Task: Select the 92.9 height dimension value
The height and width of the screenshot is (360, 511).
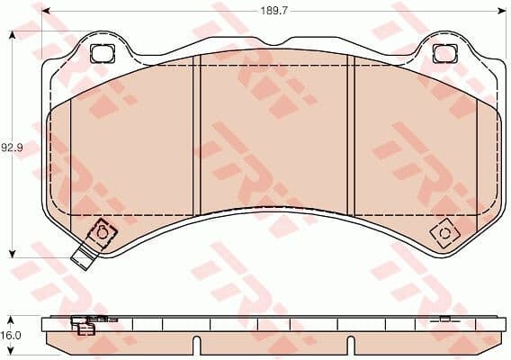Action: coord(11,147)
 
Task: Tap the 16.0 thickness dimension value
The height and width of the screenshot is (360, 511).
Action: coord(11,334)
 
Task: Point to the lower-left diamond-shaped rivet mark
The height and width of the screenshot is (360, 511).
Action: coord(102,231)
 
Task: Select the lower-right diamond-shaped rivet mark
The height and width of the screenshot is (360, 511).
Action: coord(444,234)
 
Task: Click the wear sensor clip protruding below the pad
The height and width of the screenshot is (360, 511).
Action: coord(84,255)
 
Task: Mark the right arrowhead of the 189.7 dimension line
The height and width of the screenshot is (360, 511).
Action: coord(500,12)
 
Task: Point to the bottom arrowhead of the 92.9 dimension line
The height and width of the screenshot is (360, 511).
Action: coord(11,255)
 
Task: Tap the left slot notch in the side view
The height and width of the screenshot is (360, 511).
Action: coord(196,344)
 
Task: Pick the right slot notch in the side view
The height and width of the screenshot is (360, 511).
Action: coord(353,344)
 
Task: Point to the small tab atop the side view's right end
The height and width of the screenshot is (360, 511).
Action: coord(444,317)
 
